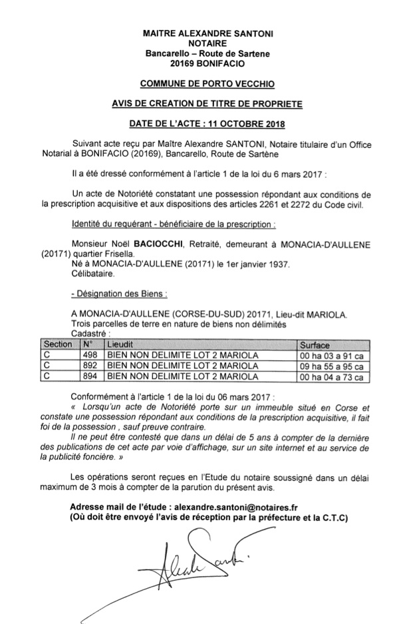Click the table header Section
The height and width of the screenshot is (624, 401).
tap(57, 345)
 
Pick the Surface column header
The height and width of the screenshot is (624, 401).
tap(317, 345)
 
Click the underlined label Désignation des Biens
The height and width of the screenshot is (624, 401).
tap(118, 294)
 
